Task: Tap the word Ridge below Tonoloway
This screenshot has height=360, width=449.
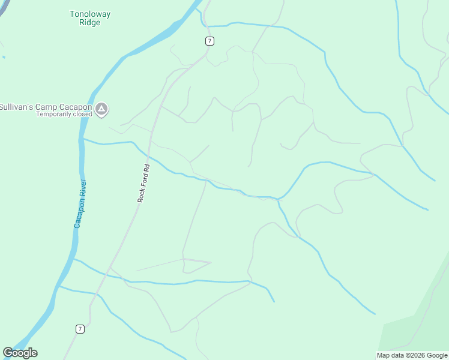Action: click(x=90, y=23)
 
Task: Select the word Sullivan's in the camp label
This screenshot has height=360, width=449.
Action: click(x=16, y=107)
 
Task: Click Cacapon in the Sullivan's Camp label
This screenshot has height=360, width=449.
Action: click(x=76, y=107)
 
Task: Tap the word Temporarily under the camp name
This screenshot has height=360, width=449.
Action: click(x=55, y=114)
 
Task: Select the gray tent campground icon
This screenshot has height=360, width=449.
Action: click(x=102, y=109)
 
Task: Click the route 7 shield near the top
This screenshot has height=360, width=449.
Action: click(x=209, y=41)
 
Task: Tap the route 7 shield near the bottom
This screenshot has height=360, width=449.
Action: click(x=80, y=329)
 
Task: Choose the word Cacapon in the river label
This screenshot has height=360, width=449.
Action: click(x=79, y=214)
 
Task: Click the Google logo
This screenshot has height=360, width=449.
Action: click(x=20, y=353)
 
